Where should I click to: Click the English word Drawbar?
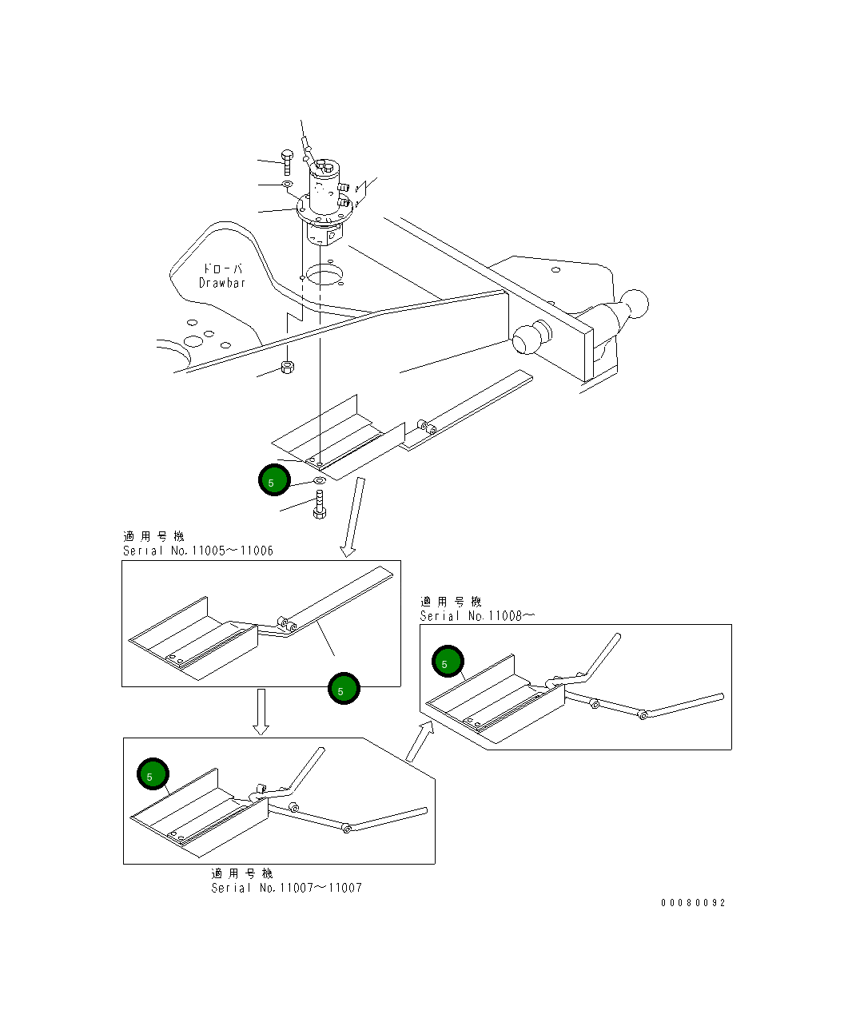(221, 283)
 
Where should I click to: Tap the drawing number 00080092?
(693, 903)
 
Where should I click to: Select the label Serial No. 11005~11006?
(198, 551)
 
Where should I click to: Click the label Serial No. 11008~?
(477, 616)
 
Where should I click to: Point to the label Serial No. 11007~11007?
(287, 888)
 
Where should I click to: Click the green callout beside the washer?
(274, 480)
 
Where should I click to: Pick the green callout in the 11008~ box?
(448, 662)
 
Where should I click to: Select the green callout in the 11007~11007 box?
(153, 774)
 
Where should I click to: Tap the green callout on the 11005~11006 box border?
(344, 689)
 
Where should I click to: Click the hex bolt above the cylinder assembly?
(287, 163)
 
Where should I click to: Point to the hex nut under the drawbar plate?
(288, 367)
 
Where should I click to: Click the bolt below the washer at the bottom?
(320, 505)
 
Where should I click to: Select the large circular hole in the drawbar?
(324, 275)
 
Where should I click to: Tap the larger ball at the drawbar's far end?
(635, 304)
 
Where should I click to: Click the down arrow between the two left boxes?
(261, 712)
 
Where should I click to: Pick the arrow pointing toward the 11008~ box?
(420, 741)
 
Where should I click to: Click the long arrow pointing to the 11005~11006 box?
(354, 517)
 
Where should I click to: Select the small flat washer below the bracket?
(320, 480)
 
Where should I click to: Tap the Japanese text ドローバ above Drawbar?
(223, 268)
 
